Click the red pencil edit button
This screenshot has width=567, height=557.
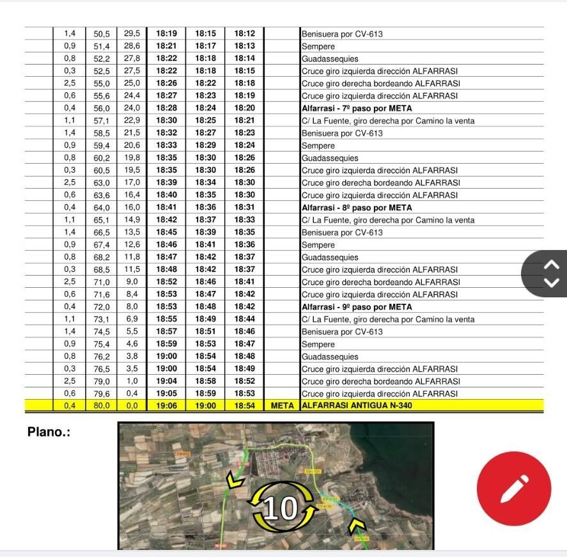coord(513,489)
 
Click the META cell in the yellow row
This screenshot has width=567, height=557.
coord(282,406)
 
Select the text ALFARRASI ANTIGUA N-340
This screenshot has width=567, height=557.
coord(357,406)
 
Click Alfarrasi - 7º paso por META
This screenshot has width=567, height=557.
coord(357,108)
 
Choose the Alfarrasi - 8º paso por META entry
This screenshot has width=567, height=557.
coord(357,208)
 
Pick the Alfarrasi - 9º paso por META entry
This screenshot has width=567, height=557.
coord(357,307)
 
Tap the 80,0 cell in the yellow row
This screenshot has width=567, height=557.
coord(102,406)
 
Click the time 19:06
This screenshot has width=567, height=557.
coord(166,406)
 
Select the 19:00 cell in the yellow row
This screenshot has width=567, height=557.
coord(206,406)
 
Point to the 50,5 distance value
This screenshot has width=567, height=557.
coord(102,34)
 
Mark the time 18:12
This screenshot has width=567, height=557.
coord(244,34)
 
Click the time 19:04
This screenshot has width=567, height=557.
coord(166,381)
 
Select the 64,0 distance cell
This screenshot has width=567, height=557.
coord(102,208)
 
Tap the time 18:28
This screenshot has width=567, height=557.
coord(166,108)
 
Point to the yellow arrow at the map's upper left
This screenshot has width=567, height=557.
coord(235,479)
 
